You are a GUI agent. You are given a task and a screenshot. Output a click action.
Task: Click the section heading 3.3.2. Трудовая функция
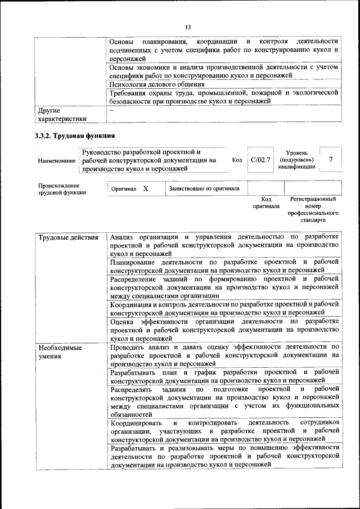point(75,136)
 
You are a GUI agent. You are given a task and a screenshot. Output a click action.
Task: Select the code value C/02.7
point(260,160)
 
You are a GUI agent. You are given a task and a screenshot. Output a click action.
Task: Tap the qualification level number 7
point(331,160)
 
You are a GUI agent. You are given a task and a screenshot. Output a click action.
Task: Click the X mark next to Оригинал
point(145,189)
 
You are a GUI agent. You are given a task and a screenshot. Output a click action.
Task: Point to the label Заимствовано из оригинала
point(204,189)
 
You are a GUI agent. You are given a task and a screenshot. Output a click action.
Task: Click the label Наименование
point(57,161)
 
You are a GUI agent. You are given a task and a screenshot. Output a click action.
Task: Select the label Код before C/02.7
point(237,160)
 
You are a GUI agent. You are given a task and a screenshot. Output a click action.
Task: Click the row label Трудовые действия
point(64,237)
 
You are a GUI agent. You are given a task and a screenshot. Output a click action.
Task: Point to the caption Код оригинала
point(265,203)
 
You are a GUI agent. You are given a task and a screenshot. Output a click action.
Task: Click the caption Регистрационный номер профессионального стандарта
point(313,210)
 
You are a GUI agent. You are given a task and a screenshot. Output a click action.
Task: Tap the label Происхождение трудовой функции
point(62,189)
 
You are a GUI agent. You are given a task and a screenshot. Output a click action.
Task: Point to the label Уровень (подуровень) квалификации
point(296,160)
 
